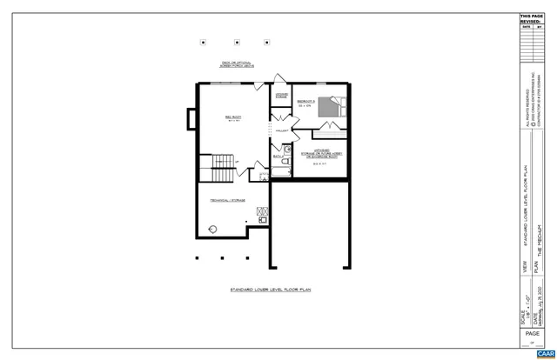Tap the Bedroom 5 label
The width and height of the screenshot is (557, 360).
click(x=305, y=103)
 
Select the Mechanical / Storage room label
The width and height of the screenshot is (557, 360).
click(x=227, y=200)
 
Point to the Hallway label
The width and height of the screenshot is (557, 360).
click(x=281, y=130)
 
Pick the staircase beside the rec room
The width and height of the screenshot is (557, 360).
click(x=224, y=162)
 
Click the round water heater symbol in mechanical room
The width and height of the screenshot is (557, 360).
click(x=213, y=229)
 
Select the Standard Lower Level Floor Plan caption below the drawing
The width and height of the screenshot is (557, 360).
click(x=270, y=289)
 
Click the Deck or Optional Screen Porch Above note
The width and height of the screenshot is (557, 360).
click(x=233, y=66)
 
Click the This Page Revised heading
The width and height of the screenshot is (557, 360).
click(x=530, y=19)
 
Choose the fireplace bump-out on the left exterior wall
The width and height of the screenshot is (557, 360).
click(x=193, y=119)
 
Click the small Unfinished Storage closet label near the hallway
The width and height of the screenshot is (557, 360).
click(x=282, y=96)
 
